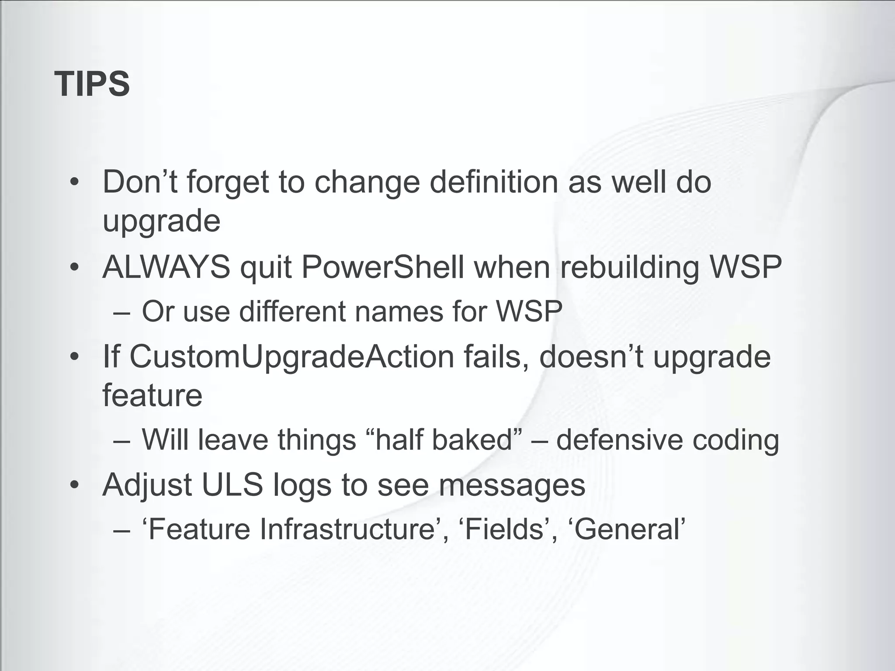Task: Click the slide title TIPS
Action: pos(92,84)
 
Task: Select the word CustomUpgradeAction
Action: pos(292,357)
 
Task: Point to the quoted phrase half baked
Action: pos(443,439)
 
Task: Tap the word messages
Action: pos(512,484)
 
